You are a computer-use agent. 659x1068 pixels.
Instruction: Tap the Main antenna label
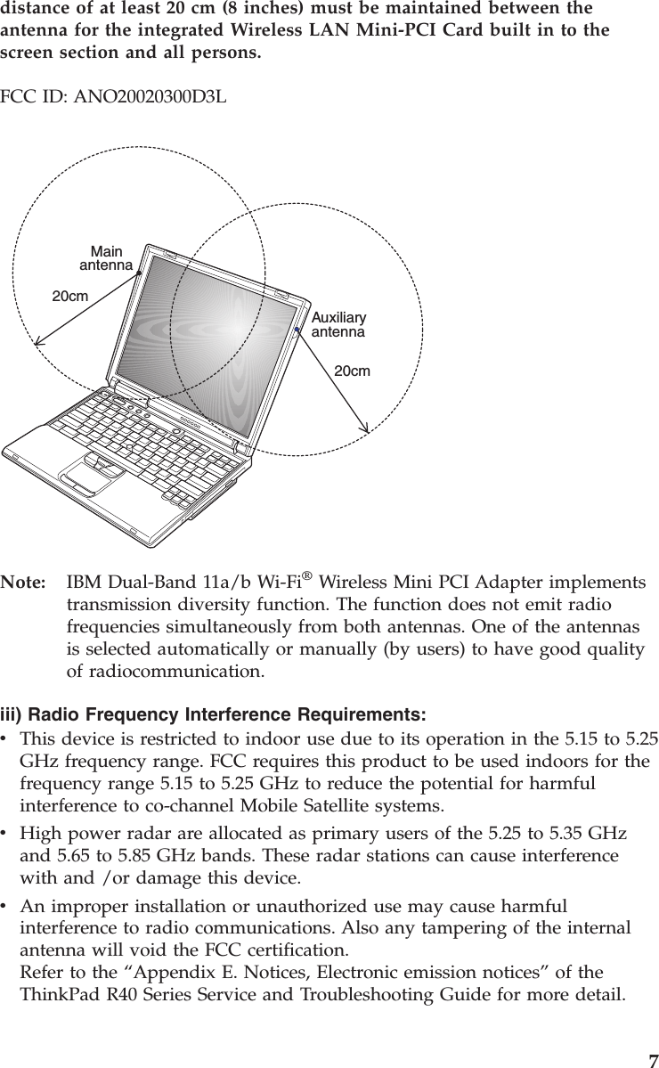click(x=106, y=258)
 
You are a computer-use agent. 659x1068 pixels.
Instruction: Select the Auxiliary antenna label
click(x=338, y=325)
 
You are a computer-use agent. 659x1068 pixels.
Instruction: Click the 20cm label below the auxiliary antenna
click(x=352, y=370)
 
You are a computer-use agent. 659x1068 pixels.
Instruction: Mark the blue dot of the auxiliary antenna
click(x=297, y=331)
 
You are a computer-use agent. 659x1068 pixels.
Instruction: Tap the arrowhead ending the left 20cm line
click(x=37, y=339)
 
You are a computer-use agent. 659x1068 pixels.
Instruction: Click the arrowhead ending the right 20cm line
click(x=366, y=428)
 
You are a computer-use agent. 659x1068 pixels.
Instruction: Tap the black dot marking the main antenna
click(x=139, y=273)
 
